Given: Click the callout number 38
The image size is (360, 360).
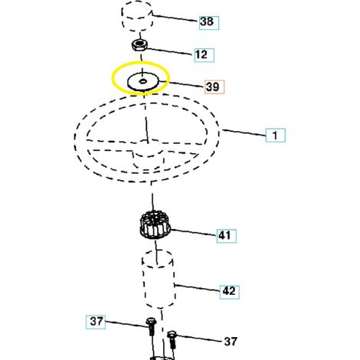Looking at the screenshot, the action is [x=207, y=21].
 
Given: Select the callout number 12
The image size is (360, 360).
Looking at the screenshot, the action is [x=201, y=54].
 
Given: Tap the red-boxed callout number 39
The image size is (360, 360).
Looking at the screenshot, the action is [x=213, y=87].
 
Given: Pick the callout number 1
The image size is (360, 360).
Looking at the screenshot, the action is [x=275, y=136].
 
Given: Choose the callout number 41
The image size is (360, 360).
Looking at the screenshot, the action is [x=224, y=235].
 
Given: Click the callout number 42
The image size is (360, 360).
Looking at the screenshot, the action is [x=229, y=291].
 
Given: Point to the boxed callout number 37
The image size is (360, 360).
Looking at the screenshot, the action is [x=97, y=322].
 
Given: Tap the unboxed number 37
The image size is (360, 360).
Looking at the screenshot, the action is [x=231, y=341].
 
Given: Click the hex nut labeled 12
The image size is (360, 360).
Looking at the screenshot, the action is [x=139, y=45].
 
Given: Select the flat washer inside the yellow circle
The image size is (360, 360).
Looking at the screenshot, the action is [x=142, y=81].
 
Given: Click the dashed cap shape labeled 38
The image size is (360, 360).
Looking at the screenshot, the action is [x=137, y=16].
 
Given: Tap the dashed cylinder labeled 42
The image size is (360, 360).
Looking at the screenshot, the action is [x=159, y=280].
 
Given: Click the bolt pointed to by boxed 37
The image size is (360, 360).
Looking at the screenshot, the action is [x=151, y=326].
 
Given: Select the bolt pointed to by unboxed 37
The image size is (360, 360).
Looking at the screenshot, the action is [x=172, y=339].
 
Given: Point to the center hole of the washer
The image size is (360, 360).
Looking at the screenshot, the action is [x=142, y=81].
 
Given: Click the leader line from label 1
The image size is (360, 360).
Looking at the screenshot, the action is [x=244, y=133].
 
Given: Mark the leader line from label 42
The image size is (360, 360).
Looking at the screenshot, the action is [x=197, y=287].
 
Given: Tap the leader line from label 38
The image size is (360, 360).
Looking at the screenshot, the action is [x=175, y=18].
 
